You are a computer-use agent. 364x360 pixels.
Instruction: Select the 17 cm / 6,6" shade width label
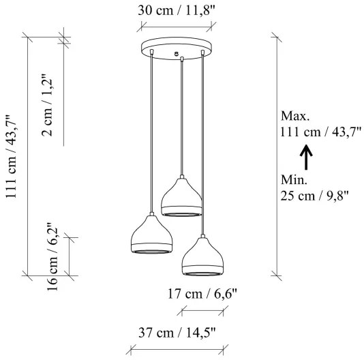[202, 295]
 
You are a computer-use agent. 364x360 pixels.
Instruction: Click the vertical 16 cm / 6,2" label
[52, 256]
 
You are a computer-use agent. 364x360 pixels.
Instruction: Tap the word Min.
[294, 180]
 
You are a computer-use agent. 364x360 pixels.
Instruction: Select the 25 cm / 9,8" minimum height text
[314, 196]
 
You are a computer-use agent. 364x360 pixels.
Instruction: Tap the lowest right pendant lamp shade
[202, 256]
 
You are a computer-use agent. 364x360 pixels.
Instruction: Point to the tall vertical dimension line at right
[277, 153]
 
